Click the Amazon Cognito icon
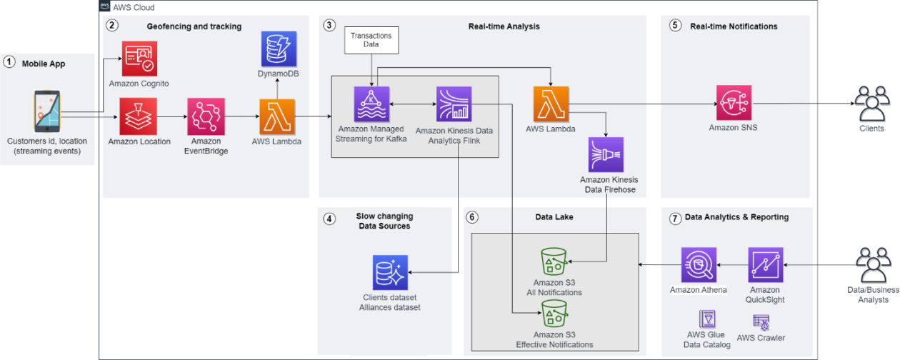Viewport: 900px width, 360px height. [139, 59]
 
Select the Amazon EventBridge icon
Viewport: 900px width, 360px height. [205, 116]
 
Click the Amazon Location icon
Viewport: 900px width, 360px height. [138, 116]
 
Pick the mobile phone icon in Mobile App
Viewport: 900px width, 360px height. [47, 112]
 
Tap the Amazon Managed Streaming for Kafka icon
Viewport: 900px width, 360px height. [372, 104]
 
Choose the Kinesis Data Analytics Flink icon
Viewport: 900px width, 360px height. [454, 104]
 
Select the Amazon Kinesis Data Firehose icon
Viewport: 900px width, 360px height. [606, 155]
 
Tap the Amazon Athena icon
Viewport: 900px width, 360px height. [699, 265]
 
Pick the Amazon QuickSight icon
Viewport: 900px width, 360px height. [766, 265]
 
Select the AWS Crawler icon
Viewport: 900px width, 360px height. [761, 321]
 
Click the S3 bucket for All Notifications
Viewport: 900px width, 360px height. [554, 262]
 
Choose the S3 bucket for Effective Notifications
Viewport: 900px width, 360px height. [554, 314]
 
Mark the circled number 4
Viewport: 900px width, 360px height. [329, 219]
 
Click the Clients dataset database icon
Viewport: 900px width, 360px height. [390, 272]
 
